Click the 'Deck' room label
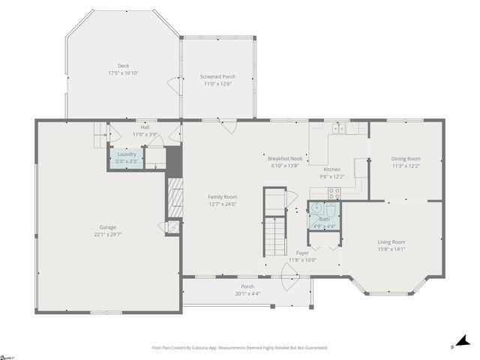123,66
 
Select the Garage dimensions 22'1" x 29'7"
108,234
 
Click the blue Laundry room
127,157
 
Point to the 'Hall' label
145,127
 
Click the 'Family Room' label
222,196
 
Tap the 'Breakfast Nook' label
285,158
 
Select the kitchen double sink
339,128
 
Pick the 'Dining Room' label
406,158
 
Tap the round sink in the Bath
317,208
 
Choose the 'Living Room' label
391,241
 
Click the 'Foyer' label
302,253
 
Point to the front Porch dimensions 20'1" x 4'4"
247,293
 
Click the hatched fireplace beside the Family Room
175,198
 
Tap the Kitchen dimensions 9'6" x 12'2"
331,177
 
